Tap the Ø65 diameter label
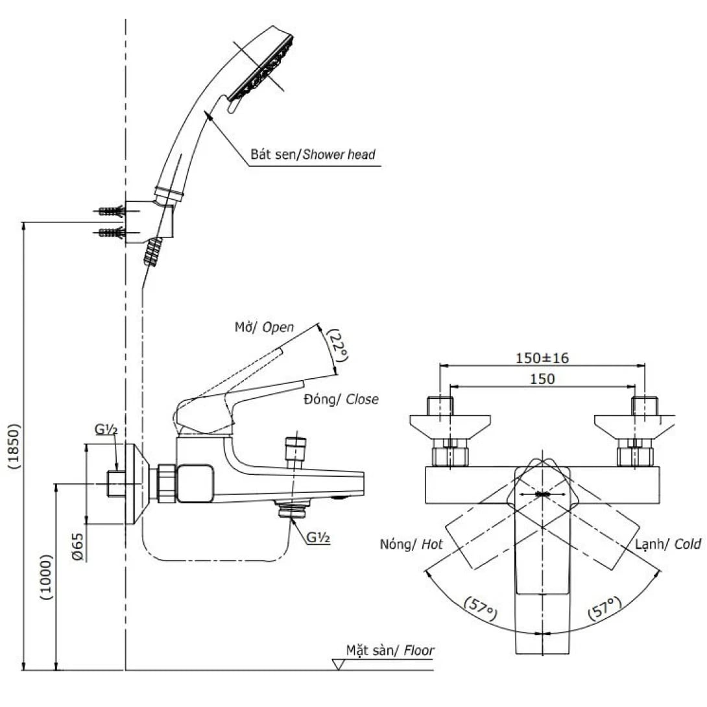[x=77, y=546]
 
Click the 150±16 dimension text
[x=542, y=357]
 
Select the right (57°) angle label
[x=605, y=610]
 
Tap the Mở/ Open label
[x=264, y=327]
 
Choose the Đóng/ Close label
[x=341, y=399]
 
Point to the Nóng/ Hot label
[x=411, y=544]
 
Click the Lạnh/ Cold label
[x=668, y=544]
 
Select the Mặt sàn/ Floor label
[x=389, y=650]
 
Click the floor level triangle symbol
[x=339, y=665]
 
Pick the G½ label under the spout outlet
[x=318, y=537]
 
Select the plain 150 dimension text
[x=542, y=379]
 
